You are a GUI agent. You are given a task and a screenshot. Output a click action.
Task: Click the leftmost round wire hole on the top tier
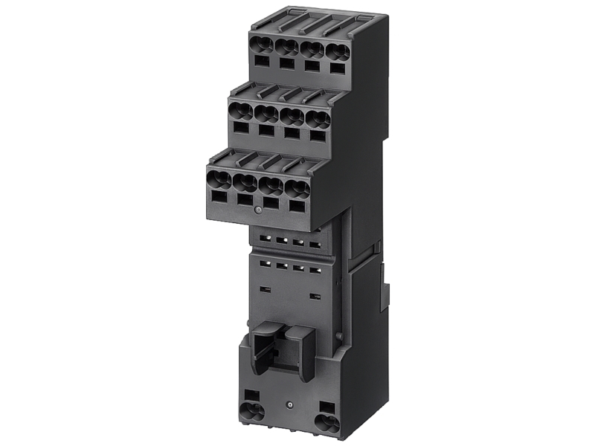point(263,45)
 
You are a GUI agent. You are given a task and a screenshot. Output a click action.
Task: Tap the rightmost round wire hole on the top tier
point(338,52)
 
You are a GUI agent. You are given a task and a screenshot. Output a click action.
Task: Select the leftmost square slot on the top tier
point(262,61)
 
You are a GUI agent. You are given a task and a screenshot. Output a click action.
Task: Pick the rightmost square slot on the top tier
point(337,68)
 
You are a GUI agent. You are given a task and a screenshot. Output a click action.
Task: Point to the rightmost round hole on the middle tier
point(318,119)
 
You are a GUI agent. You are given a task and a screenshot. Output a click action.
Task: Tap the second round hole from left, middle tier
point(266,114)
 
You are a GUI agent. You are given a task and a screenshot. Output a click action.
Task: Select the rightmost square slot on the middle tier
point(317,136)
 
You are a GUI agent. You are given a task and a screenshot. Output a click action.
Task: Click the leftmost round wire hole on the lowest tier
point(219,178)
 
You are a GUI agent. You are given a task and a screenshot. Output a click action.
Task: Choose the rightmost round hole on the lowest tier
point(297,187)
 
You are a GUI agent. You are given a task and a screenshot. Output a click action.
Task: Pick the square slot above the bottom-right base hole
point(327,405)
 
